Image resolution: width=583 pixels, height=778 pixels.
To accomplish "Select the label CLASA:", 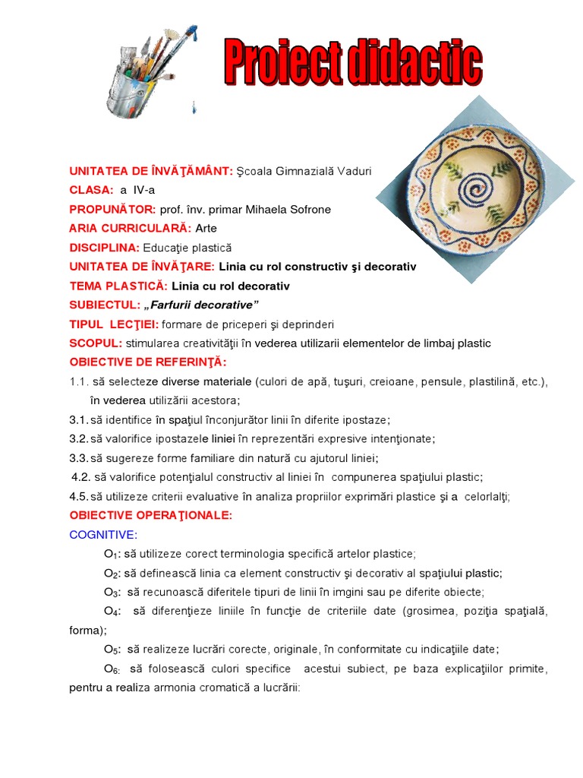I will click(x=92, y=190).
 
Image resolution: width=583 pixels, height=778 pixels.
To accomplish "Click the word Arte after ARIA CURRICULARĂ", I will click(x=206, y=228).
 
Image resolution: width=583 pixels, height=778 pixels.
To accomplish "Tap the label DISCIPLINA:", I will click(x=105, y=248).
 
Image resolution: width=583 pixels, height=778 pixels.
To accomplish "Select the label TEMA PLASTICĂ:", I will click(x=118, y=286).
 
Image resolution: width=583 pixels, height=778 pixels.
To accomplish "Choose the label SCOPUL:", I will click(x=96, y=343).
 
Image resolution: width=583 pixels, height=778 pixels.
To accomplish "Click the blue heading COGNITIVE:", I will click(x=103, y=534).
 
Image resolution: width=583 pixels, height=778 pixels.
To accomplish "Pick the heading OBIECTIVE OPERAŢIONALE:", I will click(x=150, y=515).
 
